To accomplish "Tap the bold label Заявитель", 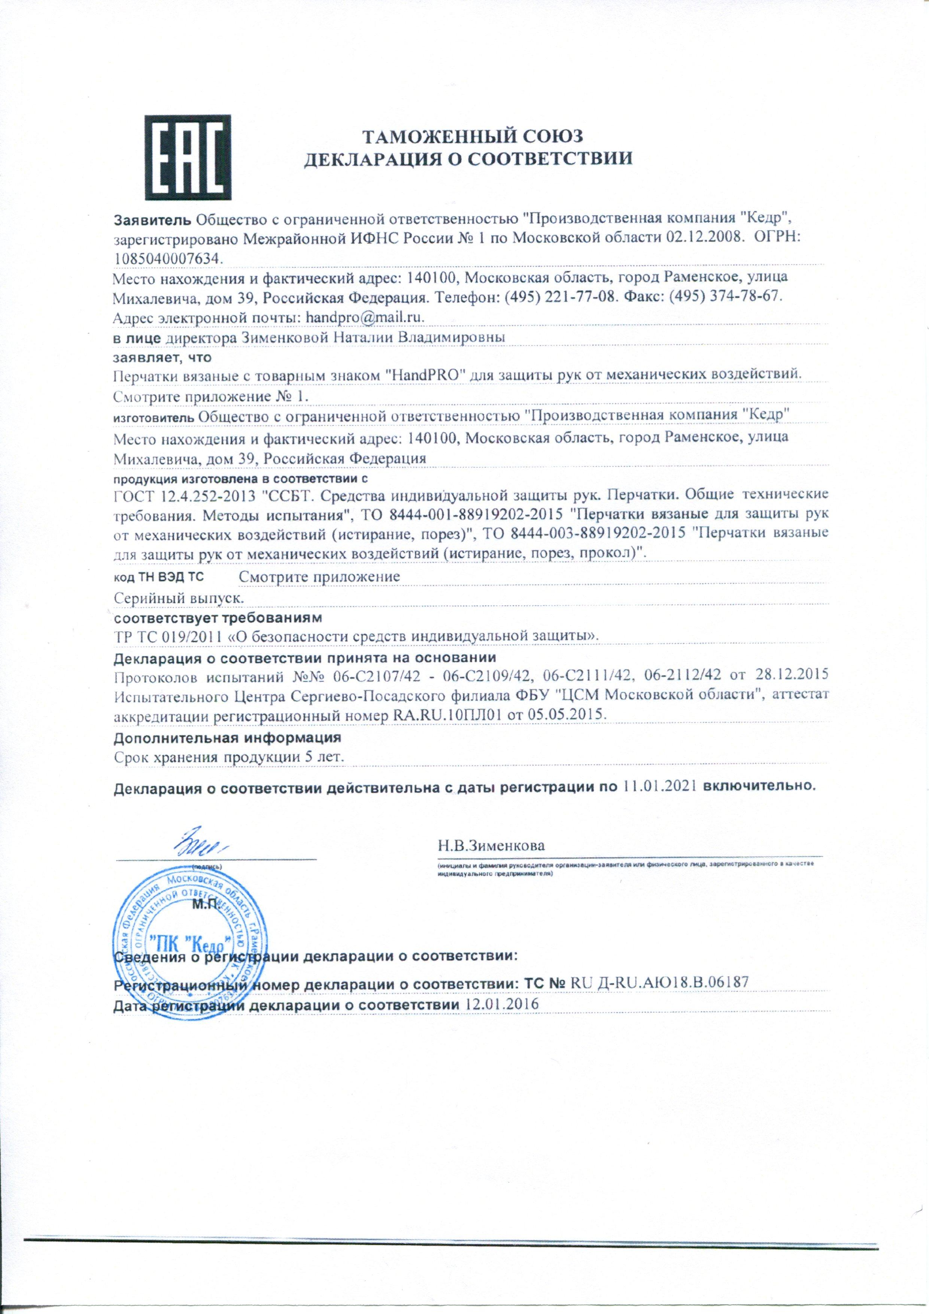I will tap(154, 219).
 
